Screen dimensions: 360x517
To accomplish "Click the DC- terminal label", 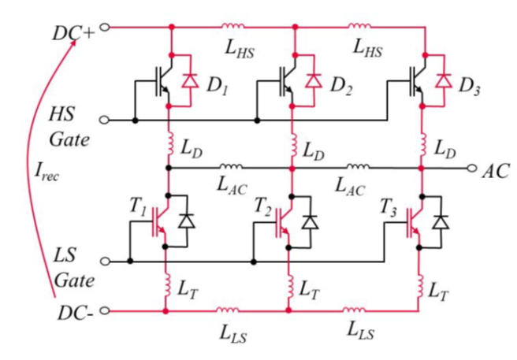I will pyautogui.click(x=76, y=314).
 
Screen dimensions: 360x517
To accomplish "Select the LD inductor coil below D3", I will pyautogui.click(x=422, y=146).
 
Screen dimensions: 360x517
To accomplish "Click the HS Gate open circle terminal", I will pyautogui.click(x=105, y=121).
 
